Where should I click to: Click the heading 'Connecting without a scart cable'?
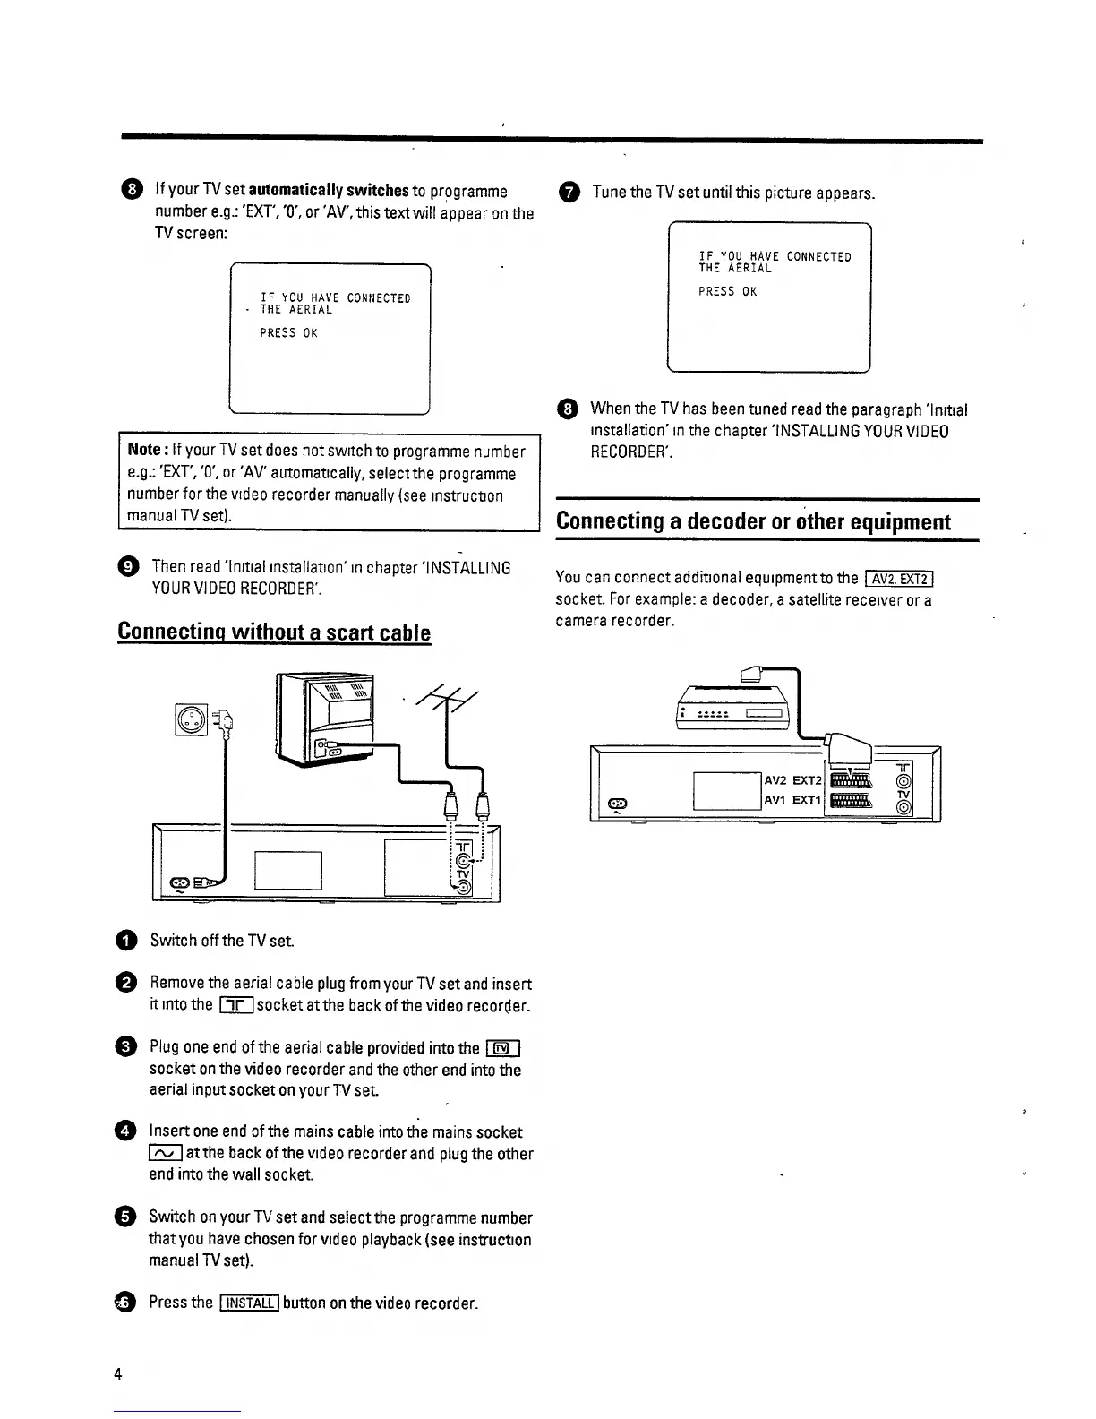(x=274, y=632)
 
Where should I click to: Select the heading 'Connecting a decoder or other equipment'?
(x=753, y=521)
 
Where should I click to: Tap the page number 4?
(x=118, y=1374)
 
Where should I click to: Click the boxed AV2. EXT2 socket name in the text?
(x=900, y=577)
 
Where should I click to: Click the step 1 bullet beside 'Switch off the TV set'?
(x=127, y=940)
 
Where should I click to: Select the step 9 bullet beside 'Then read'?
(x=128, y=567)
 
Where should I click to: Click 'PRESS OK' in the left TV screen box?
(x=288, y=333)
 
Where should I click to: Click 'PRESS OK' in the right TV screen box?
(x=728, y=292)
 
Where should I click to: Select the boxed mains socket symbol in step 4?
(x=166, y=1154)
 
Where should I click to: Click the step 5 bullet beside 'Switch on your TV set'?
(x=127, y=1217)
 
